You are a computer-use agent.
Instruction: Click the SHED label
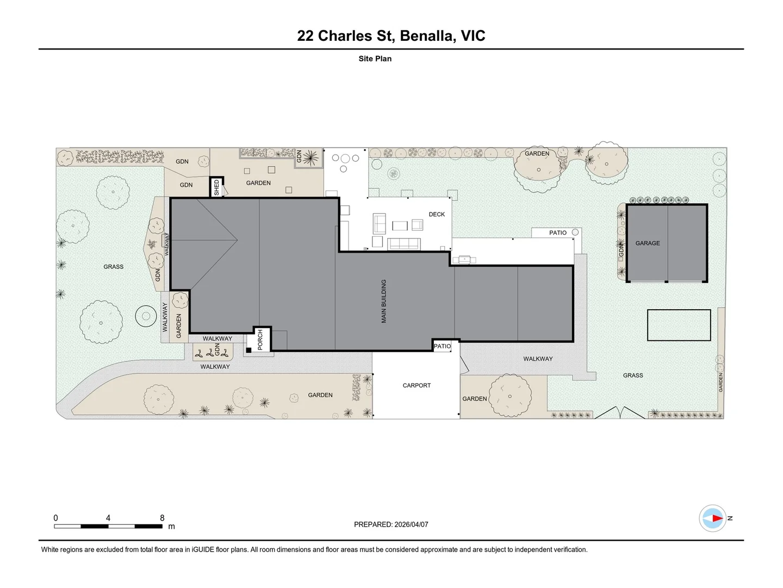point(216,187)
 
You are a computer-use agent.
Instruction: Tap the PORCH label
point(260,340)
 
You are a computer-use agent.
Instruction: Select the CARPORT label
point(417,385)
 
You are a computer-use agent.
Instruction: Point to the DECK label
point(437,214)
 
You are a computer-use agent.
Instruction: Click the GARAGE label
point(648,243)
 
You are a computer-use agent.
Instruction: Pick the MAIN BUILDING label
point(384,301)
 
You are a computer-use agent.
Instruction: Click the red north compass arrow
point(717,518)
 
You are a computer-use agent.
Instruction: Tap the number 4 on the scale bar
point(108,518)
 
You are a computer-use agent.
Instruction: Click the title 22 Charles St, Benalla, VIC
point(391,36)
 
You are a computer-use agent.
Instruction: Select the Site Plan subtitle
point(375,59)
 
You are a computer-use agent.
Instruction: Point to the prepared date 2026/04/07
point(411,524)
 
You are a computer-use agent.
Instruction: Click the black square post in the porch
point(248,350)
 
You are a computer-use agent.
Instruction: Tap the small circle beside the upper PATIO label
point(575,232)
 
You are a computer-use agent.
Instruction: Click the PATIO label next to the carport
point(442,346)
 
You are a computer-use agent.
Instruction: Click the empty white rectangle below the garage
point(679,325)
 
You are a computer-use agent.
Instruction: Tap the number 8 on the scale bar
point(162,518)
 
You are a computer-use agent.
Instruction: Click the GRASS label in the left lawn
point(114,267)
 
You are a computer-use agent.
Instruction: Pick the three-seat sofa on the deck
point(404,244)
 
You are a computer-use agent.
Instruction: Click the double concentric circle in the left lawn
point(146,316)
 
